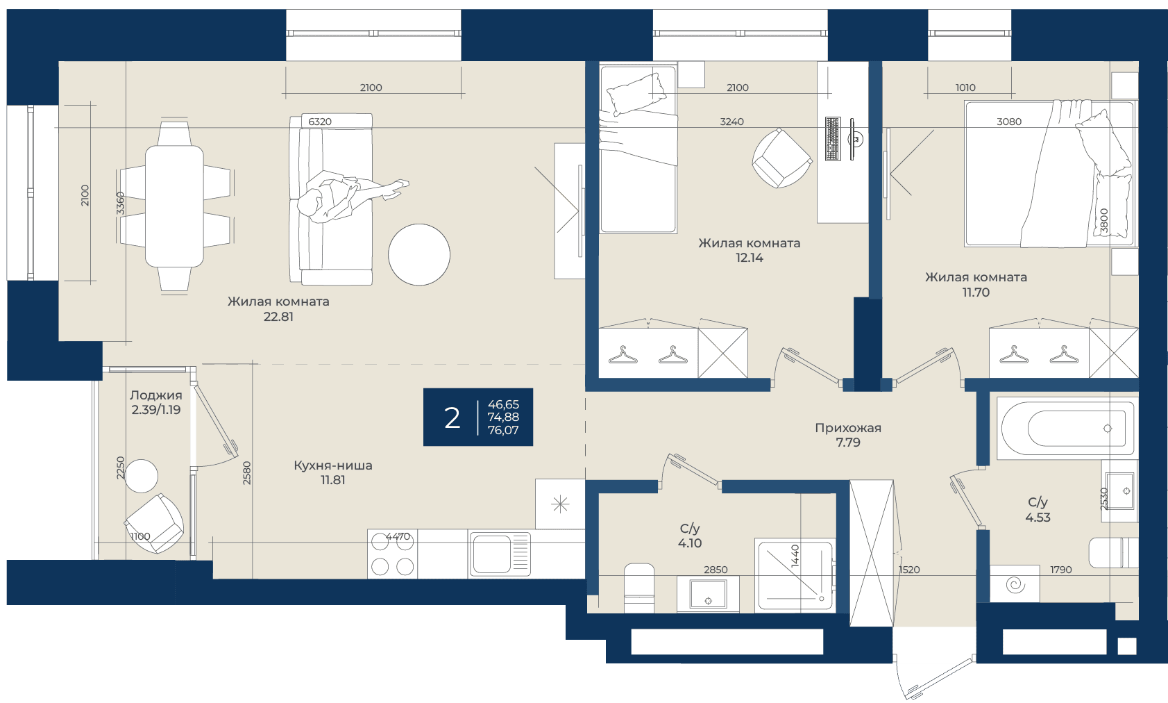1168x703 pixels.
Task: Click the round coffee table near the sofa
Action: point(418,255)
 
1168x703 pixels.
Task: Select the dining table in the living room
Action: point(174,206)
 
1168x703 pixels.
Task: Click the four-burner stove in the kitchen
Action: point(392,554)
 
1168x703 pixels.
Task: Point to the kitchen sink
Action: point(500,554)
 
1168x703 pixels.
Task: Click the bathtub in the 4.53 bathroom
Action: point(1067,429)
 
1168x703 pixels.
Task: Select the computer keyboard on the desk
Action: point(833,138)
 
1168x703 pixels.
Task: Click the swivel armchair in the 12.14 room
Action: point(781,158)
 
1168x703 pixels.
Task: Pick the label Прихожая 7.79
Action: point(848,435)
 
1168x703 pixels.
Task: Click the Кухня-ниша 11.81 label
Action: point(332,472)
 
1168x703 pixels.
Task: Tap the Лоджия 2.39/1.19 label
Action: point(156,402)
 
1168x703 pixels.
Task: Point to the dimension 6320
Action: point(320,122)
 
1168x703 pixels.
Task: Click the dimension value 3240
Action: point(731,122)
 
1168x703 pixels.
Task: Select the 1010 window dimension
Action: point(965,88)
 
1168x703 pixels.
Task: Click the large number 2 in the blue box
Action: point(452,418)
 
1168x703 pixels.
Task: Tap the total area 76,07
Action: point(503,430)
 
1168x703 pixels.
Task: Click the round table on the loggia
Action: point(142,476)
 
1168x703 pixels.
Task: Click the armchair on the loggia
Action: point(154,523)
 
